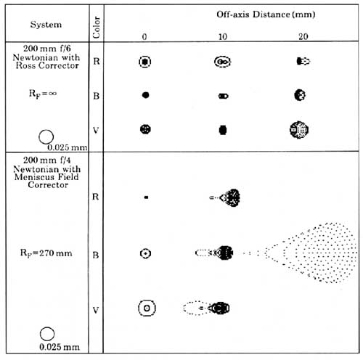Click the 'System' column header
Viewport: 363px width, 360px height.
pyautogui.click(x=46, y=25)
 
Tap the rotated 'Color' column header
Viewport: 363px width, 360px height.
pyautogui.click(x=97, y=27)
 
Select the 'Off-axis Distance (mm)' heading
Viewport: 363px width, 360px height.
pyautogui.click(x=266, y=15)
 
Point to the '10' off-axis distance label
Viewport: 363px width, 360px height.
pyautogui.click(x=223, y=37)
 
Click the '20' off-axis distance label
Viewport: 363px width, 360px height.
pyautogui.click(x=303, y=36)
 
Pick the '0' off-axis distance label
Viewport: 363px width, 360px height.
pyautogui.click(x=144, y=37)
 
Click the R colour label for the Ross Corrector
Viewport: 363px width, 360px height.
pyautogui.click(x=97, y=61)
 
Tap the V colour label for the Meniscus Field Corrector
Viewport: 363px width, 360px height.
pyautogui.click(x=96, y=310)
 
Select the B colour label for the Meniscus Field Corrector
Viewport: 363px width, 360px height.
pyautogui.click(x=96, y=255)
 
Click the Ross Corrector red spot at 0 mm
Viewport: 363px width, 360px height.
pyautogui.click(x=145, y=62)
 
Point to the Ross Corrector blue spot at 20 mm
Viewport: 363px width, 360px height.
pyautogui.click(x=300, y=95)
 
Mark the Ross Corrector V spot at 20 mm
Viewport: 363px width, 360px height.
pyautogui.click(x=299, y=130)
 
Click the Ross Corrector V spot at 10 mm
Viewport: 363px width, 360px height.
pyautogui.click(x=223, y=130)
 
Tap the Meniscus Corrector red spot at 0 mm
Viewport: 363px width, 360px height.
pyautogui.click(x=146, y=197)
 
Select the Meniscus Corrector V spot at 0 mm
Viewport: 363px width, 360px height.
pyautogui.click(x=147, y=308)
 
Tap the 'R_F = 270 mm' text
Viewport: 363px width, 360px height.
pyautogui.click(x=46, y=253)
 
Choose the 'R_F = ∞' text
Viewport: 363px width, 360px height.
pyautogui.click(x=43, y=94)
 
